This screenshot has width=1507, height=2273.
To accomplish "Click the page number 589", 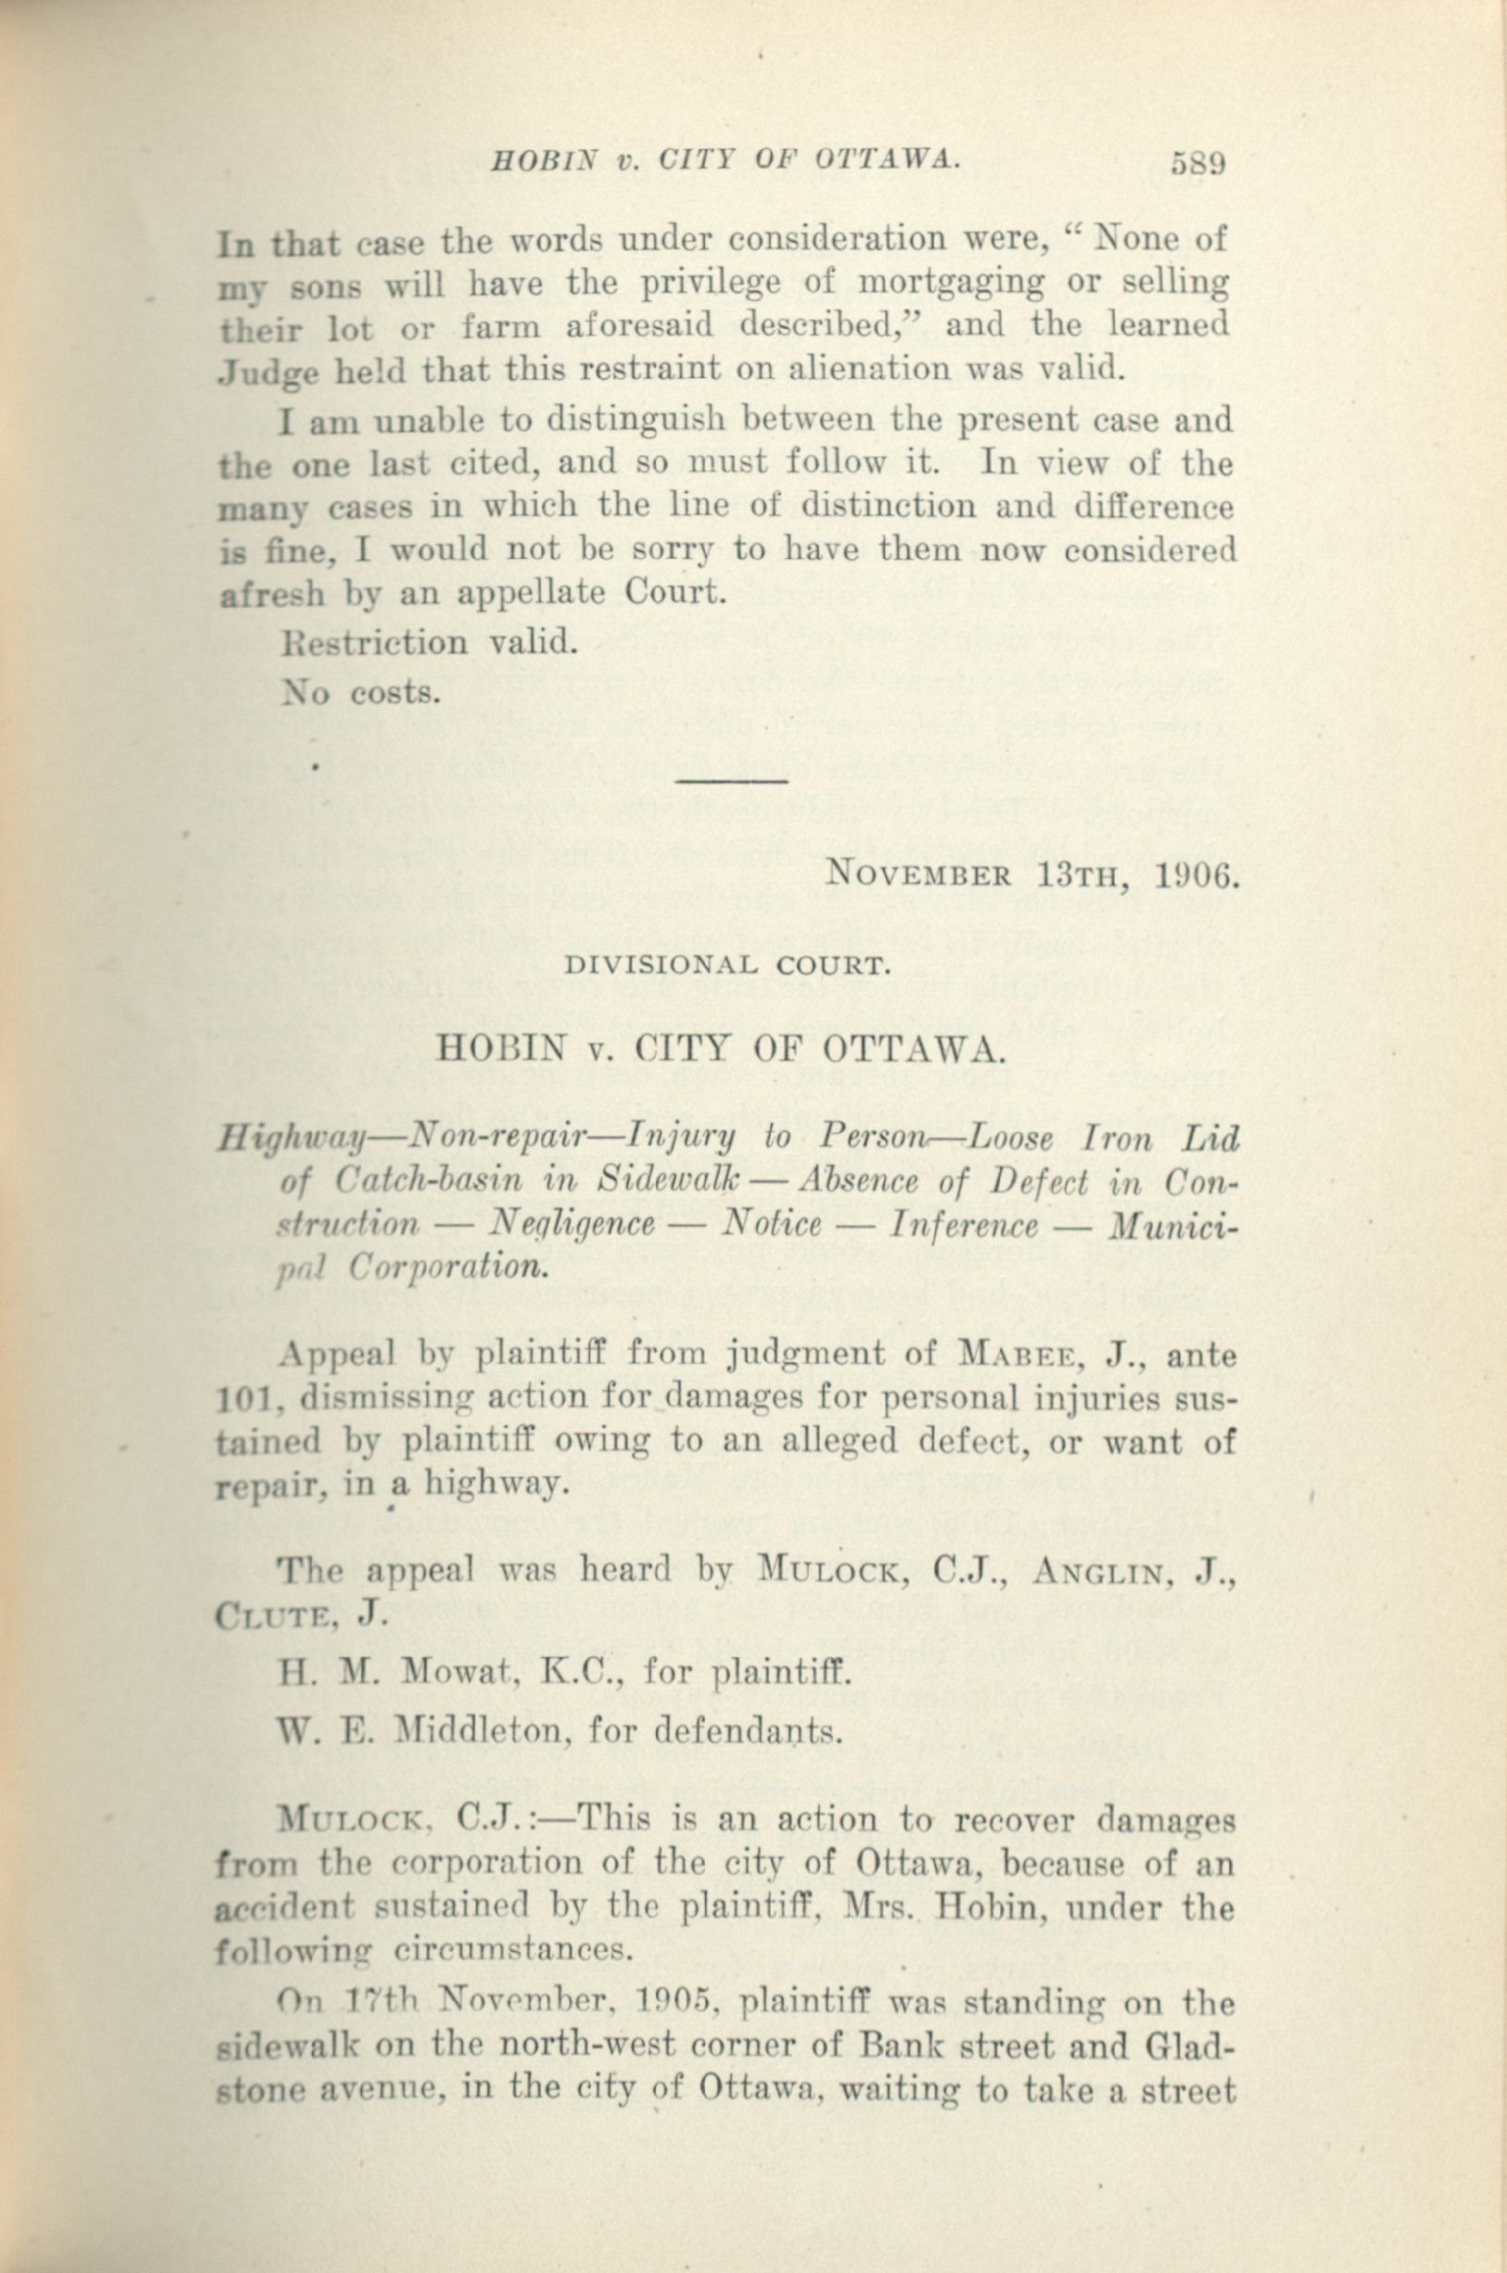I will click(x=1197, y=164).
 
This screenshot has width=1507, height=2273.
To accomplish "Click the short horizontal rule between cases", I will click(x=733, y=781).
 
